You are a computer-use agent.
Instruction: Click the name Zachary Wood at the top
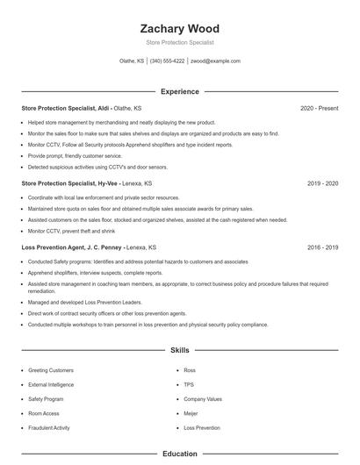coord(179,29)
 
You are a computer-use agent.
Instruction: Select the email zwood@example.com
coord(215,61)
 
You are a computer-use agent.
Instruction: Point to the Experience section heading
coord(179,91)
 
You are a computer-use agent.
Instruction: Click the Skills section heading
coord(179,350)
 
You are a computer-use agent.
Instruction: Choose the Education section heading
coord(179,454)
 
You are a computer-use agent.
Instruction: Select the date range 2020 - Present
coord(319,108)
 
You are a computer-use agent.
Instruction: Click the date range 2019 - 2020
coord(322,184)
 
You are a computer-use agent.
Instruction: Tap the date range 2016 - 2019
coord(322,247)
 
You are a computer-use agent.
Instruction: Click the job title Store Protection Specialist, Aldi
coord(66,108)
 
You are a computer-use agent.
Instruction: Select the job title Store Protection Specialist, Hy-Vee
coord(70,184)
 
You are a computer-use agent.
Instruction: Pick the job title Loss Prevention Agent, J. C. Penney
coord(71,247)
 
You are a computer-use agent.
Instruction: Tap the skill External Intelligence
coord(51,384)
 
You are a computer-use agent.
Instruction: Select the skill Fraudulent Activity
coord(48,427)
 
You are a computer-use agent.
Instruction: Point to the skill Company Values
coord(203,399)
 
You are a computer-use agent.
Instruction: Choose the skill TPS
coord(189,384)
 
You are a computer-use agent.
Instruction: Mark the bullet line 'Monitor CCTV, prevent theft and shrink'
coord(71,230)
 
